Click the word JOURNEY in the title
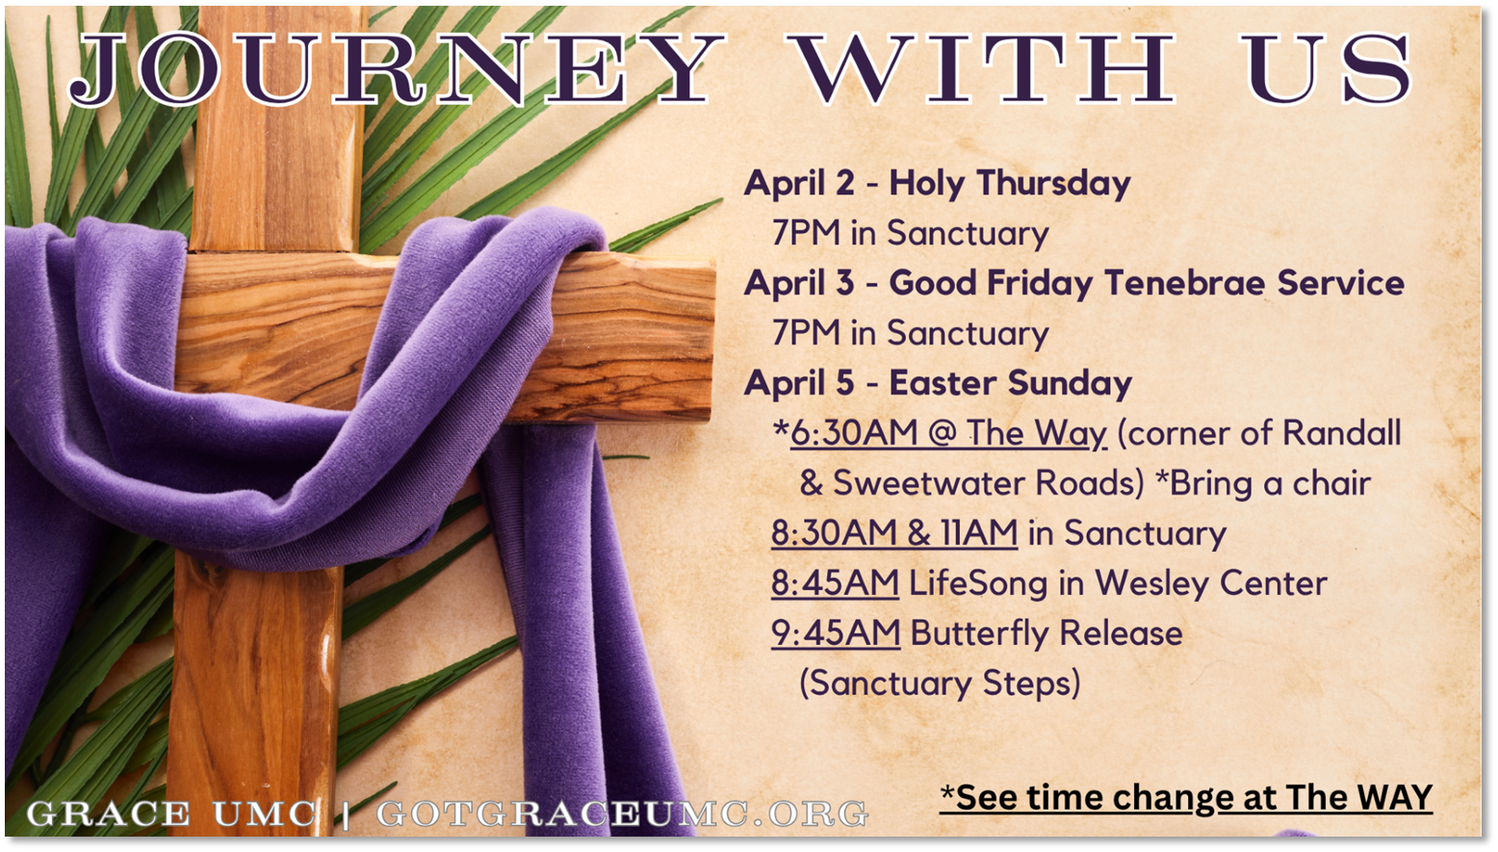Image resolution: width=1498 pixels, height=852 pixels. click(x=396, y=69)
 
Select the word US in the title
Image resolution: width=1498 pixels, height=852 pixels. click(x=1329, y=68)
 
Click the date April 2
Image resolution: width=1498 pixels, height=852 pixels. click(x=799, y=184)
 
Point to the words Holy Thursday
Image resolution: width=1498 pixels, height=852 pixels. click(x=1009, y=184)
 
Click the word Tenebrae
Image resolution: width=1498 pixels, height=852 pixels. click(x=1184, y=283)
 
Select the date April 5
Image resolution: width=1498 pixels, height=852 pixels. click(x=799, y=384)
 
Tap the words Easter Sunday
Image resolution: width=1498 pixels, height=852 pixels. click(x=1010, y=383)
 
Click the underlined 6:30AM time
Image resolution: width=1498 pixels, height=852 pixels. click(x=854, y=432)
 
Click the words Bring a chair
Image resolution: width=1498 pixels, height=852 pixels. click(x=1269, y=483)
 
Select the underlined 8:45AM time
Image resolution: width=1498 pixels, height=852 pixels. click(x=836, y=583)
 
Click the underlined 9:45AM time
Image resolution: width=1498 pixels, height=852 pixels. click(x=836, y=633)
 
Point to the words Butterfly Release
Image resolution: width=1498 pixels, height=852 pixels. click(x=1046, y=633)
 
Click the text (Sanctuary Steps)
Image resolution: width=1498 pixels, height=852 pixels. click(x=940, y=684)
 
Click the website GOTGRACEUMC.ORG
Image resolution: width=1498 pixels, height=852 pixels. click(x=622, y=813)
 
